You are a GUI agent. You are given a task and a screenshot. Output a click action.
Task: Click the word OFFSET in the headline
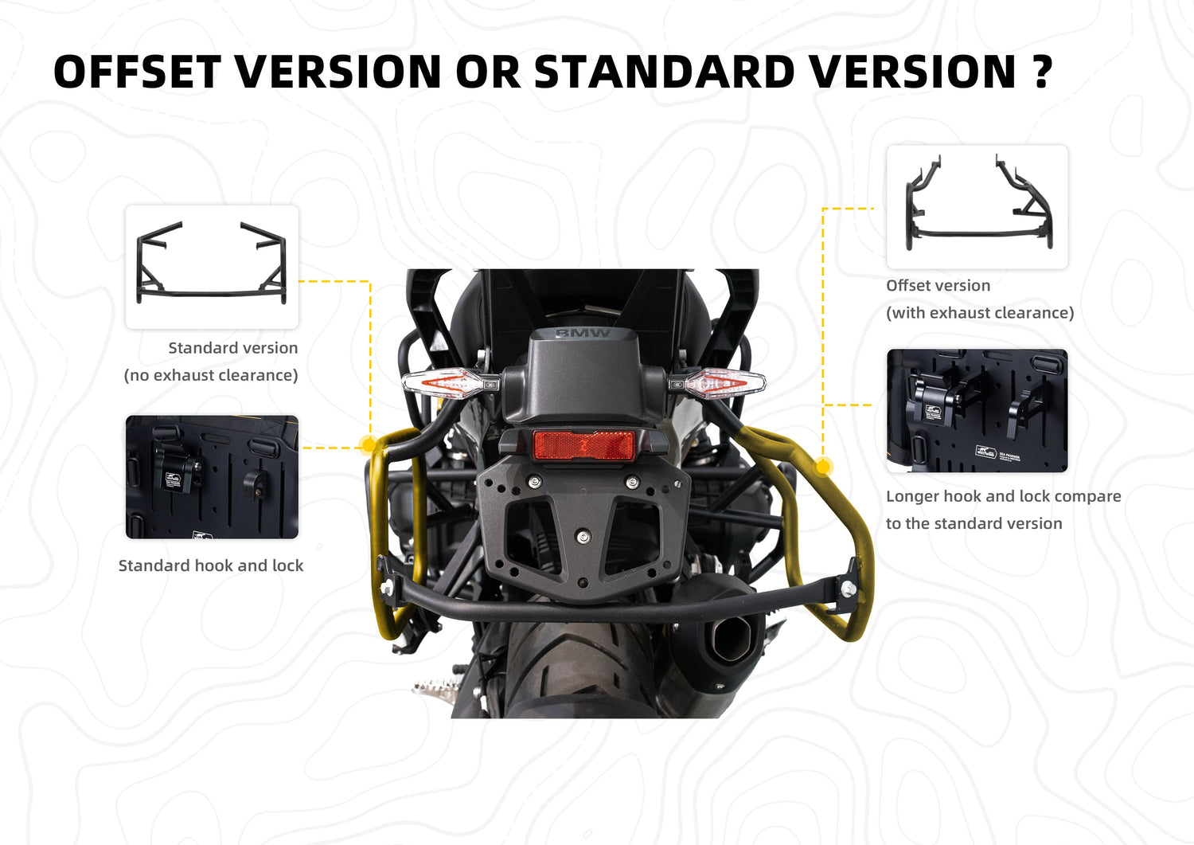pos(137,72)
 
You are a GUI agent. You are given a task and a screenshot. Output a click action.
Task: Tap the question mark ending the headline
pos(1041,72)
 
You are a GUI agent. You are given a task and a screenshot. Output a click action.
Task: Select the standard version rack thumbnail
pos(212,267)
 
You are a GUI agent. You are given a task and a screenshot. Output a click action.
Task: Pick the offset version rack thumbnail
pos(977,207)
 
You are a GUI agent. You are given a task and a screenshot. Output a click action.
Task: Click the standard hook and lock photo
pos(212,477)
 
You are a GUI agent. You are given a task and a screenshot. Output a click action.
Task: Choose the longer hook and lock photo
pos(977,411)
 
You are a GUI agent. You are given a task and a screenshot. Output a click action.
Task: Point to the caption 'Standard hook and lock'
pos(211,565)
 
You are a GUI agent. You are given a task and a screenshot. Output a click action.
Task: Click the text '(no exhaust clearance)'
pos(211,375)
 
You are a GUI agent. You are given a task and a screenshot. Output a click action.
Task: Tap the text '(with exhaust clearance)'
pos(980,313)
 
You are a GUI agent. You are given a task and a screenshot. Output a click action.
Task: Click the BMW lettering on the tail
pos(583,333)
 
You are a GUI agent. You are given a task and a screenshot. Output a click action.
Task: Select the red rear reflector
pos(583,445)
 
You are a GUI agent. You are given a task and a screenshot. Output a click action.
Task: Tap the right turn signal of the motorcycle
pos(717,382)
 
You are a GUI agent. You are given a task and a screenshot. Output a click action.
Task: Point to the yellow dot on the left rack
pos(368,444)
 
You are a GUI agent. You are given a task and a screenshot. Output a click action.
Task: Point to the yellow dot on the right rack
pos(824,467)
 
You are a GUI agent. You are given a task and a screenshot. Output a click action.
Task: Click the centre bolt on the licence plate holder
pos(583,536)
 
